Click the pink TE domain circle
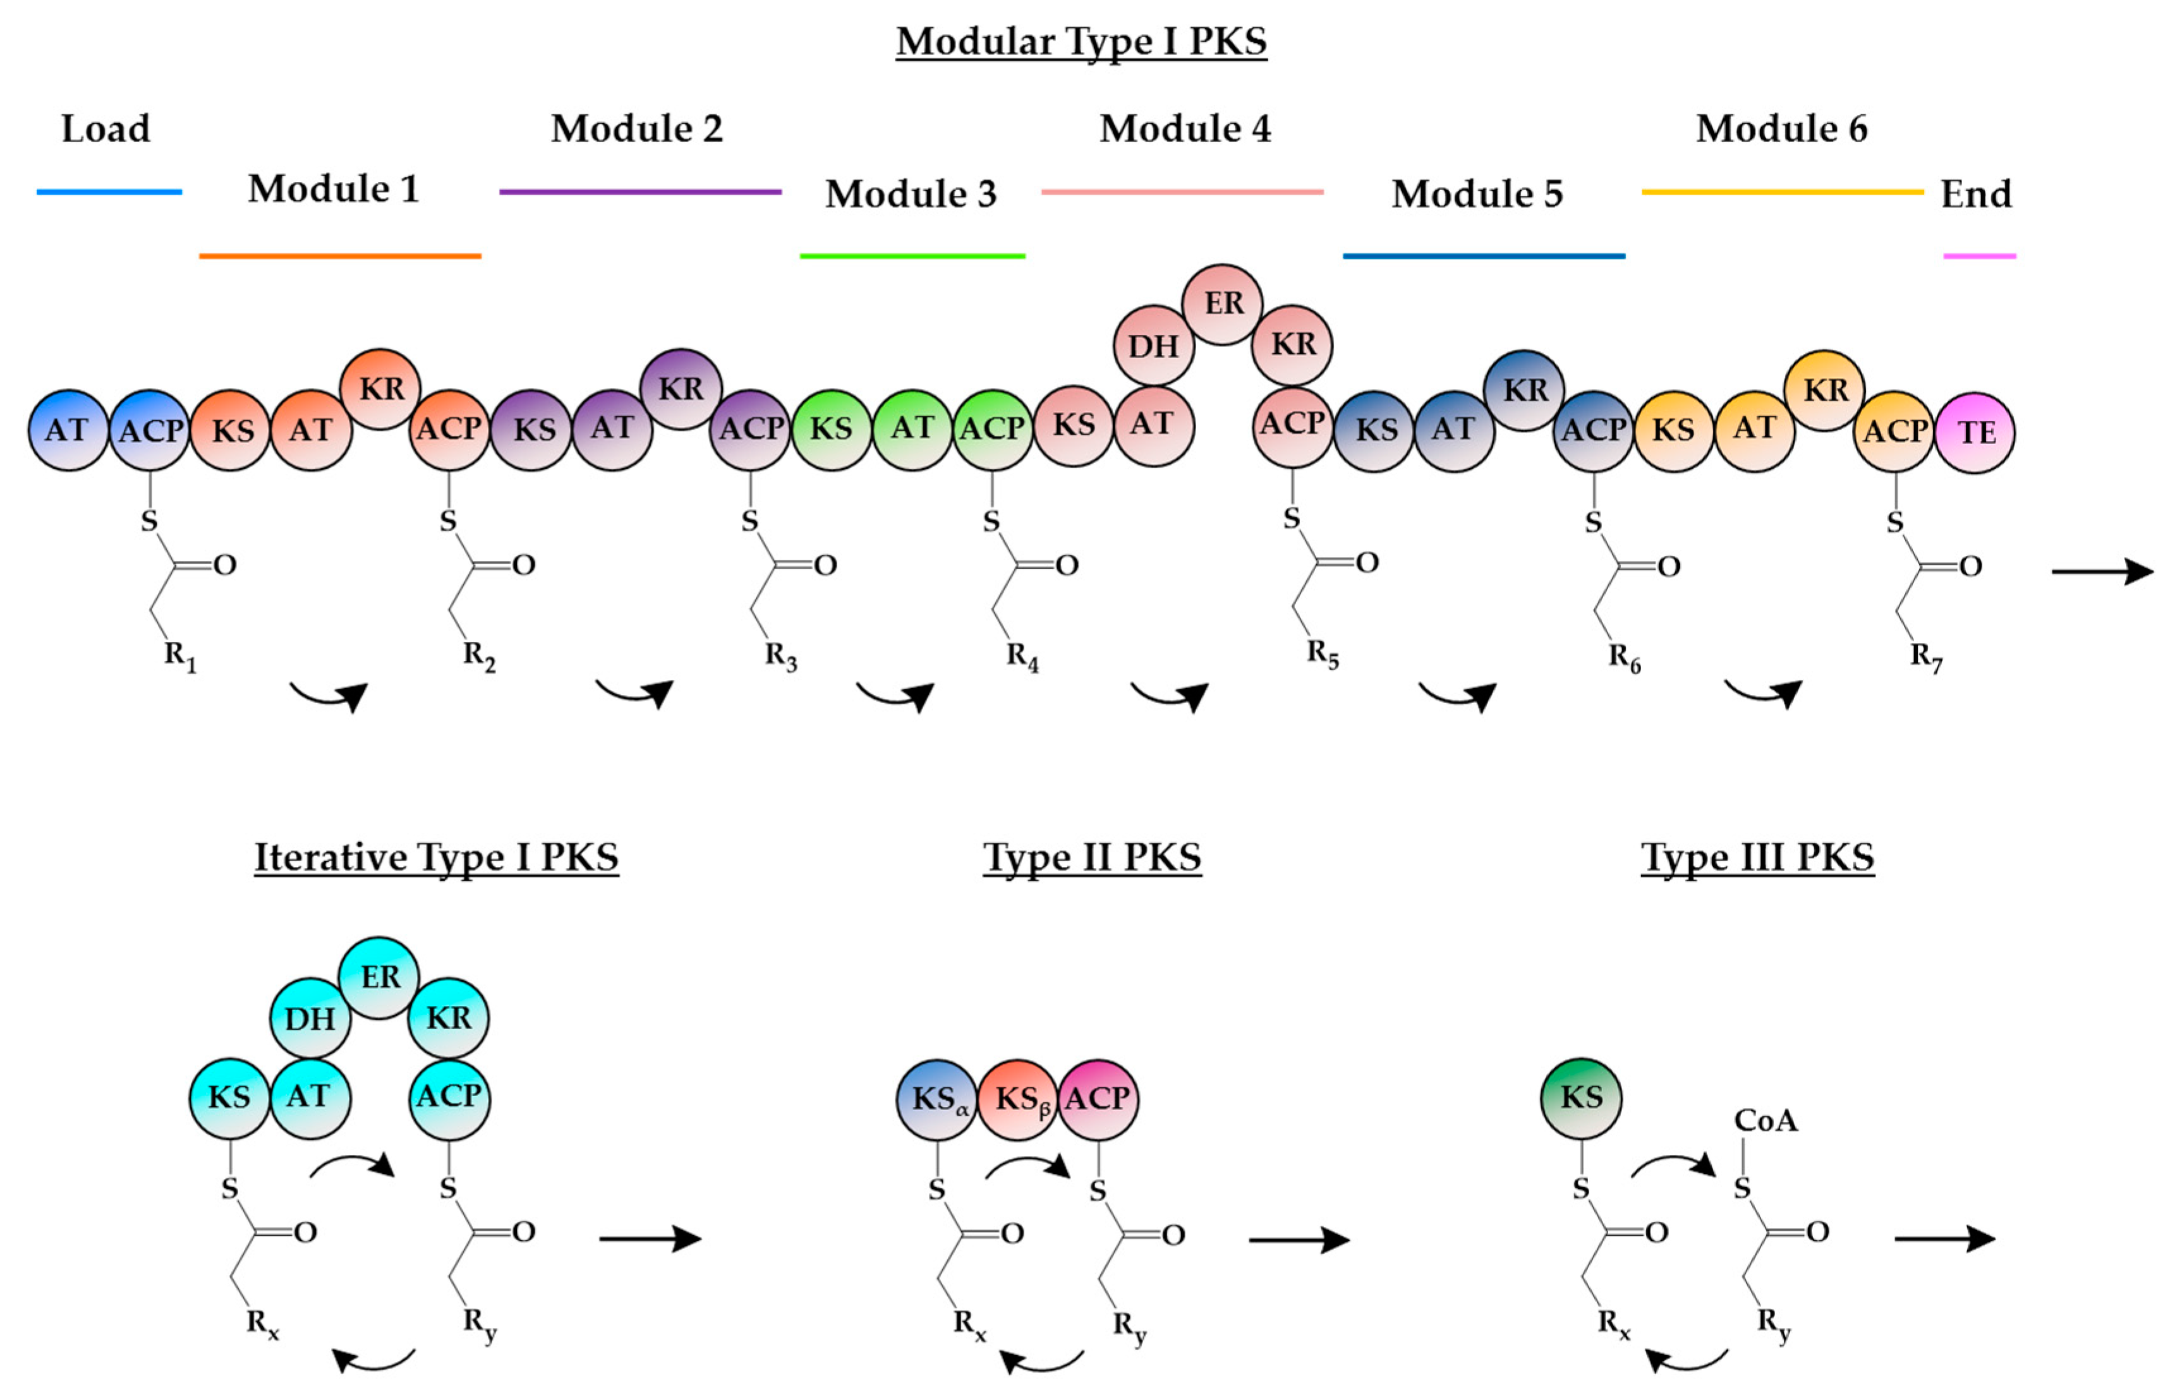(1975, 432)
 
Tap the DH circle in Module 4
(1153, 345)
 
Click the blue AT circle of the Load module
(68, 430)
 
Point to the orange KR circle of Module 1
(380, 389)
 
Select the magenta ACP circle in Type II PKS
(1098, 1099)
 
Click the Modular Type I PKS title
(1081, 42)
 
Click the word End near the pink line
(1975, 194)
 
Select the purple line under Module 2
(639, 192)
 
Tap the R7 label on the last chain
(1925, 656)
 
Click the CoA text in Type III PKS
(1764, 1121)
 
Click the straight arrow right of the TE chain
(2102, 572)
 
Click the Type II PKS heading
(1091, 857)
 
